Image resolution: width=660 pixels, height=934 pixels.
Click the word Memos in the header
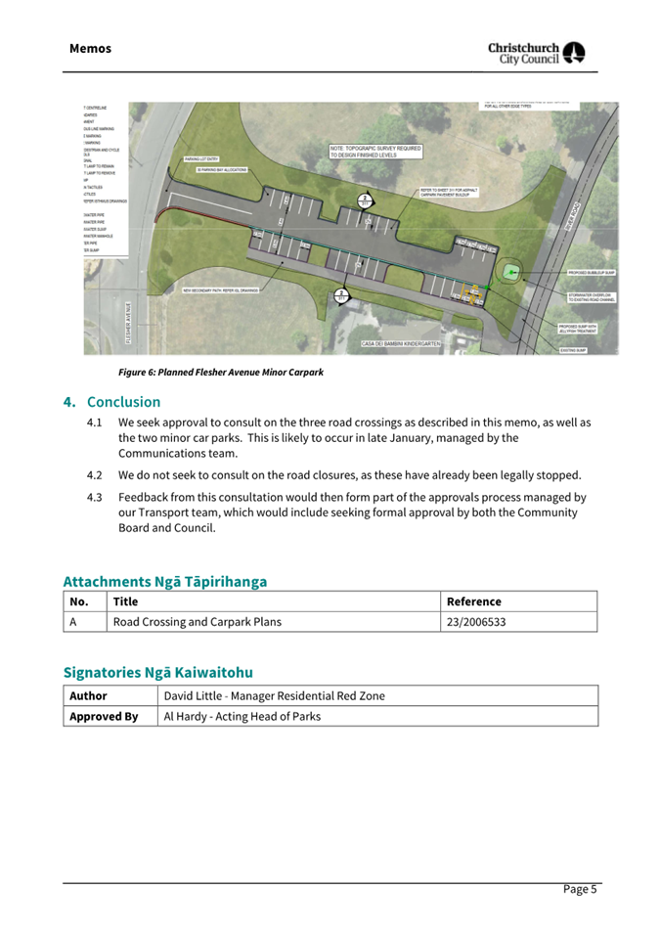tap(90, 49)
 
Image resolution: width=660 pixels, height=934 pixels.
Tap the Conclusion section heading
tap(123, 402)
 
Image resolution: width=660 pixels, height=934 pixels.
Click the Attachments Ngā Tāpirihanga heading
tap(164, 581)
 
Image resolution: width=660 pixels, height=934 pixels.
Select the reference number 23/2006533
tap(476, 621)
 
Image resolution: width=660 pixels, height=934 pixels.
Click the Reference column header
tap(473, 601)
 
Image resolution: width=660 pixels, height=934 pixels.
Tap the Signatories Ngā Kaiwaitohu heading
tap(157, 672)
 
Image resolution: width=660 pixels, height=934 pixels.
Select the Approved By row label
tap(104, 716)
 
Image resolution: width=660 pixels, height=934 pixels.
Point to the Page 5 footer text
tap(578, 889)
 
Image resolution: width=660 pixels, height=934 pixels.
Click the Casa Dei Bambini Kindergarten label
tap(401, 344)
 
